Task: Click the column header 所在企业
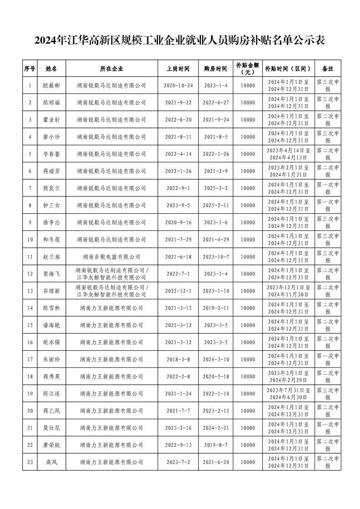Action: pos(111,69)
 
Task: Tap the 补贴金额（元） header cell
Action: pos(248,69)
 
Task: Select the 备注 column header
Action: pos(327,69)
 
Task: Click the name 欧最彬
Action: pos(51,85)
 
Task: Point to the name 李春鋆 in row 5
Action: pos(51,154)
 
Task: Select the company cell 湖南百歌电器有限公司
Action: pos(111,257)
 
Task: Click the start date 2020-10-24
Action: pos(178,85)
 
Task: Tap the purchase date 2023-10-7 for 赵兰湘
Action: pos(216,257)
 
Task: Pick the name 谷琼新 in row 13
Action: pos(51,291)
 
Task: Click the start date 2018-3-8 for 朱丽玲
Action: pos(178,359)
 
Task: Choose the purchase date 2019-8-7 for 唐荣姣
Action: pos(216,445)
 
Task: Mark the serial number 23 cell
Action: pos(30,462)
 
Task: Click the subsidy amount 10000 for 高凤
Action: pos(248,462)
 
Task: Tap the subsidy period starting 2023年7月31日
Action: pos(288,394)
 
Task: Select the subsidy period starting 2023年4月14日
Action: pos(288,154)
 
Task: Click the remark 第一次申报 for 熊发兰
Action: pos(327,188)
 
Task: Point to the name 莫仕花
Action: pos(51,428)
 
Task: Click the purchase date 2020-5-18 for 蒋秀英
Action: pos(216,377)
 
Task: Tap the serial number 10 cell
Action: pos(30,240)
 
